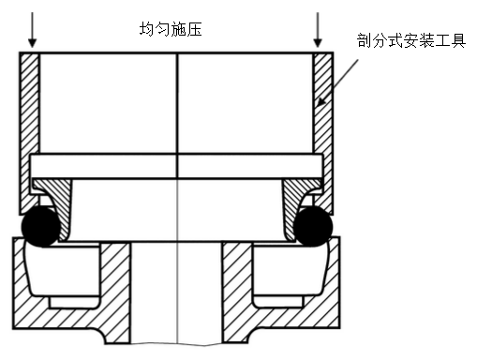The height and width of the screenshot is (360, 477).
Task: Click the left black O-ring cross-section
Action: [x=40, y=226]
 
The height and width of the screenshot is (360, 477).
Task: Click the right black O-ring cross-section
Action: [x=313, y=226]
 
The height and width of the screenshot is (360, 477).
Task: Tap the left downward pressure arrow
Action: [x=32, y=30]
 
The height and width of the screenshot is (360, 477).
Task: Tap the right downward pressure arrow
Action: [x=318, y=30]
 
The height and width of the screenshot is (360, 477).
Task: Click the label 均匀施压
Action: [x=171, y=29]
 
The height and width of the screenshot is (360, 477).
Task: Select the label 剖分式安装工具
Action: [x=411, y=40]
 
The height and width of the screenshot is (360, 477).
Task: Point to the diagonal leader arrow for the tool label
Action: [x=337, y=82]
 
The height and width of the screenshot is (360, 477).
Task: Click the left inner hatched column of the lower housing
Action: [x=115, y=291]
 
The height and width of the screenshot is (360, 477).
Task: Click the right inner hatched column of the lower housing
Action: [x=237, y=291]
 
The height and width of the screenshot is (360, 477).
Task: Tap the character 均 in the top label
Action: [x=147, y=29]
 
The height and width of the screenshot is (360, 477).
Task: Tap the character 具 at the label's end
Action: [x=458, y=40]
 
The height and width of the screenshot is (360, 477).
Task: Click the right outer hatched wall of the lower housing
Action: [x=334, y=281]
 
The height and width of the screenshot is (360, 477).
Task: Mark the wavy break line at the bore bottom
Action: [x=177, y=344]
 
